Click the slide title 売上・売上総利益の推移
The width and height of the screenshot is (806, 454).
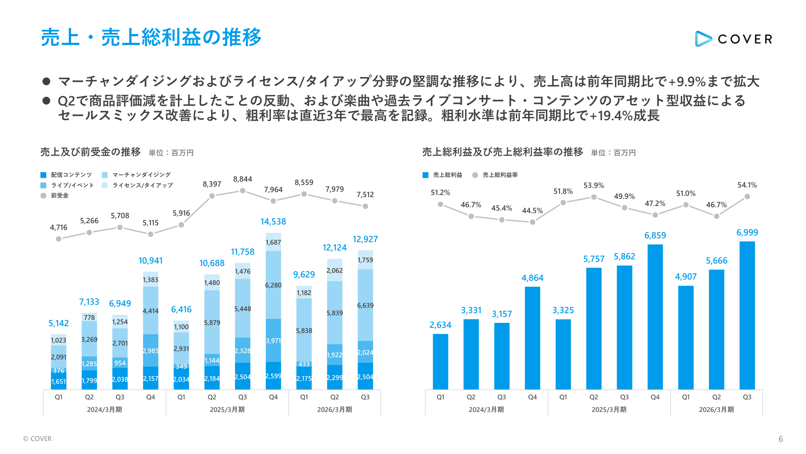(151, 37)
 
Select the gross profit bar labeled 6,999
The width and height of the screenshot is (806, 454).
(747, 315)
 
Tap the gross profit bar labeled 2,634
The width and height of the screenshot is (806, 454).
(440, 362)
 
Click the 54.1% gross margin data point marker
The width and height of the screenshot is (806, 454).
(747, 196)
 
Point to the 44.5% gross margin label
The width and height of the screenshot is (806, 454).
(532, 211)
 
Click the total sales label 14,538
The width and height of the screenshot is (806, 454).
(273, 222)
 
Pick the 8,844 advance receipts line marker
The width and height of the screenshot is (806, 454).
(243, 190)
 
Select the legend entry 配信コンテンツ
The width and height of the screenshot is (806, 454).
(71, 175)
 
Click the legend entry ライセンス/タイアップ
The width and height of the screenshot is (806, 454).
(142, 185)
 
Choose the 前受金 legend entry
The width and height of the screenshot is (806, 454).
(59, 195)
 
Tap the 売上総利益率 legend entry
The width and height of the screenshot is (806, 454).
(500, 175)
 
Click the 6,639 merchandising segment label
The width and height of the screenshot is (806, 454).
(365, 305)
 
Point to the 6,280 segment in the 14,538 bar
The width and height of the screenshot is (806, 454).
(273, 285)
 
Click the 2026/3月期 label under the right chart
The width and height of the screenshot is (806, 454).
(716, 409)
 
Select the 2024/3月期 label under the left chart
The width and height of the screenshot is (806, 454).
(104, 409)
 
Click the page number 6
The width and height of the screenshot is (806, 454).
(780, 439)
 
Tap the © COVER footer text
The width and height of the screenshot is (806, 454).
(37, 439)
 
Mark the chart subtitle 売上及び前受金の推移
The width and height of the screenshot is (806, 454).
(90, 152)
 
